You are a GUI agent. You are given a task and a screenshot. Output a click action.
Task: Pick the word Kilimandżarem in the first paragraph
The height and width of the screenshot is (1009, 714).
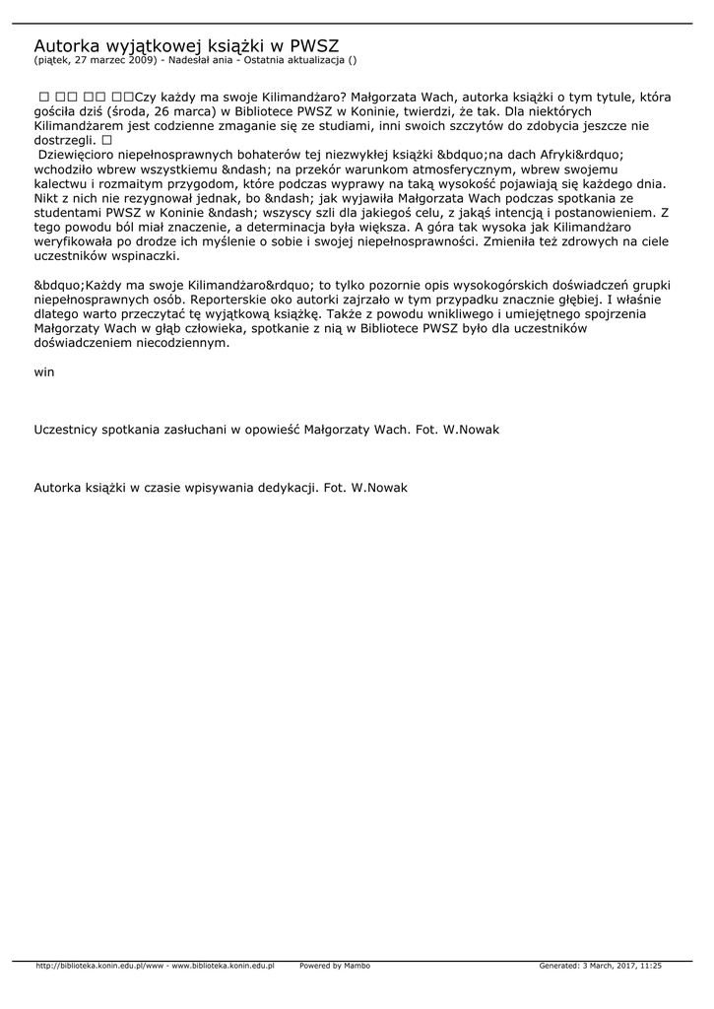click(82, 127)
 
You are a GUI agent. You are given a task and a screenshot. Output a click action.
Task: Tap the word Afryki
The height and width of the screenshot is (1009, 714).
click(536, 156)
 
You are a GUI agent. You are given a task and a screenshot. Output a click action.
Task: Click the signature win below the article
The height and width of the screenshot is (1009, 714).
click(44, 371)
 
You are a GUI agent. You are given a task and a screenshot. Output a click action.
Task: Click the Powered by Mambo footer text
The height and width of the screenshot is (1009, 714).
click(335, 966)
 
